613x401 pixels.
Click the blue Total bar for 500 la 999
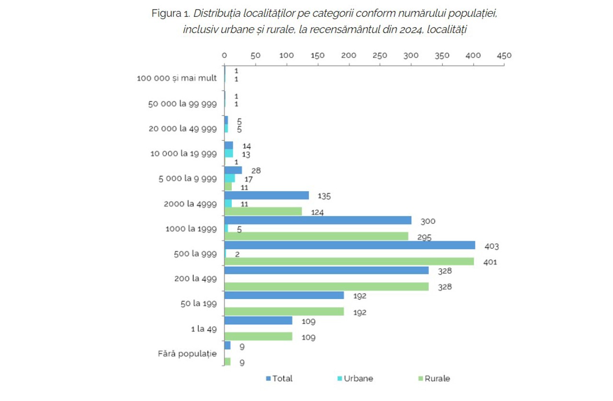(350, 245)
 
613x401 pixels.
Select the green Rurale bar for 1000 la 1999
(316, 236)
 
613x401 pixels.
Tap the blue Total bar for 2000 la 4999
(266, 195)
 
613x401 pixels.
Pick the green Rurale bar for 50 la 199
(284, 311)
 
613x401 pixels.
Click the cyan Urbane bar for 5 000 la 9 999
(229, 178)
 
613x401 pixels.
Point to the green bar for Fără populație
(227, 361)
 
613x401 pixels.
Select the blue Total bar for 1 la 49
(258, 321)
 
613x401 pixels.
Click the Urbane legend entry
(355, 378)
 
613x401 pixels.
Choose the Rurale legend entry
(434, 378)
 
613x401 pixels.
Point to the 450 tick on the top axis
(504, 56)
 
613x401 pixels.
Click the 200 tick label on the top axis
(349, 56)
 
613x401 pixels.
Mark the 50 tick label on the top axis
(255, 56)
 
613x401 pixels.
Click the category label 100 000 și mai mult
(177, 78)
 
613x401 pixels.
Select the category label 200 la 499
(195, 278)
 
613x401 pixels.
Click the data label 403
(492, 247)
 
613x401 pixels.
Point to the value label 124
(317, 212)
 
